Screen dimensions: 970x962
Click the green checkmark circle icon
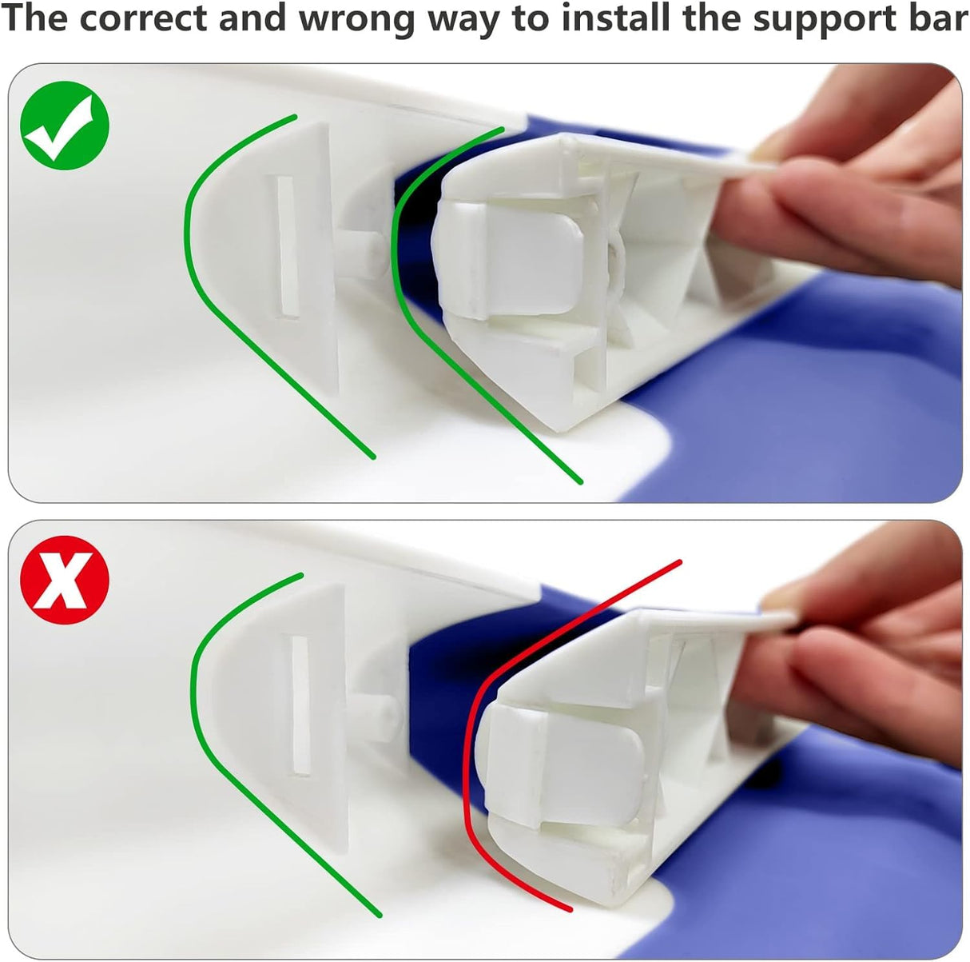(65, 126)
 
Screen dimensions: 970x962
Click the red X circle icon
(65, 580)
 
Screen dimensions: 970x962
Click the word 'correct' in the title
(144, 18)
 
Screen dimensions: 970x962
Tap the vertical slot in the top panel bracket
(288, 247)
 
